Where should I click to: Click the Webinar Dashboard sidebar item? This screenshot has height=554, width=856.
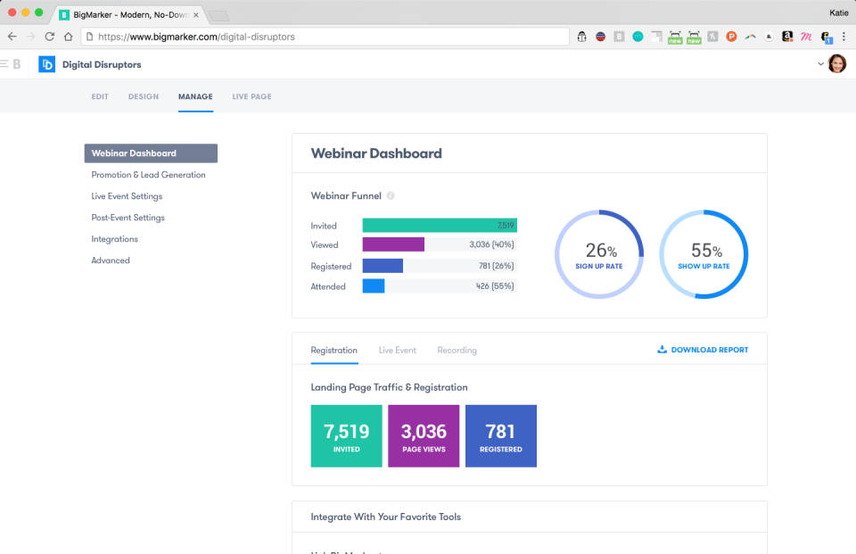point(150,153)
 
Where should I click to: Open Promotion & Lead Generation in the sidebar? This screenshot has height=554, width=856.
point(148,175)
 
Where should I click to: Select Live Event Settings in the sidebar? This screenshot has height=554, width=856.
point(127,196)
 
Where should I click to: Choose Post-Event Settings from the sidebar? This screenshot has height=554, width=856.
point(128,218)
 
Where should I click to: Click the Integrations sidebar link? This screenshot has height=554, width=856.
point(114,239)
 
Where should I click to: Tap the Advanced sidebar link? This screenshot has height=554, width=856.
point(111,260)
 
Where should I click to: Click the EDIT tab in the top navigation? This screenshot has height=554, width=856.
point(100,96)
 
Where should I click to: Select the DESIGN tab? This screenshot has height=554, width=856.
point(143,96)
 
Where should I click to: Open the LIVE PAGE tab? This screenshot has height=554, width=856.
point(251,96)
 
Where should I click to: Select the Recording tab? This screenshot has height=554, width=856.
point(457,351)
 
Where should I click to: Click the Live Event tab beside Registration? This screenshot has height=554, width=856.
point(397,351)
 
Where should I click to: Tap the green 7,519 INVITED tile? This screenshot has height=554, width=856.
point(346,436)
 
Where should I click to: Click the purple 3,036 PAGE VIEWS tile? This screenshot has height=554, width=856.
point(424,436)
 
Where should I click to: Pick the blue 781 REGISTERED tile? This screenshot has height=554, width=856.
point(501,436)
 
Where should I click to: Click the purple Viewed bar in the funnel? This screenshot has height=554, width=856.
point(393,244)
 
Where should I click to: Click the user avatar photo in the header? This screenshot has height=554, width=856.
point(836,63)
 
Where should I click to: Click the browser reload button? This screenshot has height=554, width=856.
point(50,37)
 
